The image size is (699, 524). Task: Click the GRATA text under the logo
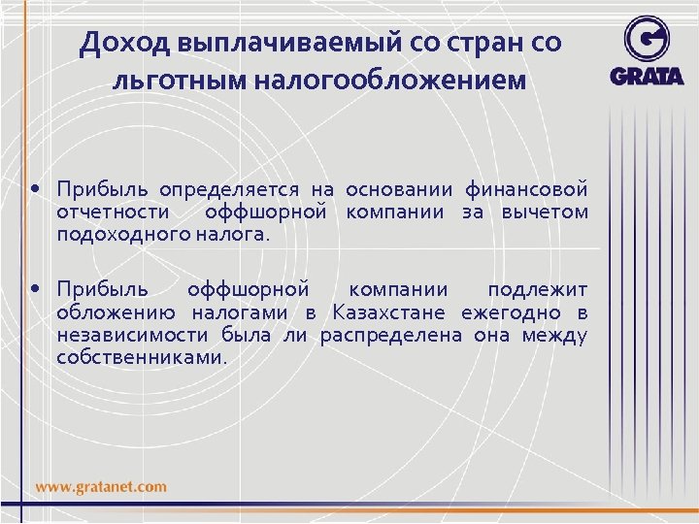click(x=648, y=76)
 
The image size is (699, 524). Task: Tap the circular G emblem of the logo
click(x=647, y=39)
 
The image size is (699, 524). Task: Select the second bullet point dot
click(x=35, y=289)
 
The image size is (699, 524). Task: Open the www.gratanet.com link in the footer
click(x=102, y=486)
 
